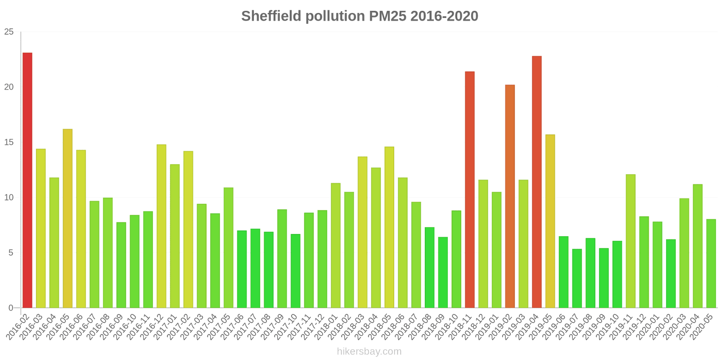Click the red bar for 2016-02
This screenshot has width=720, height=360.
(x=27, y=180)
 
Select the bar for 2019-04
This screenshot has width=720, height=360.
(x=537, y=182)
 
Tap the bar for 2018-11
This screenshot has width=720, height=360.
(x=470, y=189)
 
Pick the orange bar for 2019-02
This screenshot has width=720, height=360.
(x=510, y=196)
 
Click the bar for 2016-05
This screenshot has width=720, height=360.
(x=67, y=219)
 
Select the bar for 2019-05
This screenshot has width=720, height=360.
(x=550, y=221)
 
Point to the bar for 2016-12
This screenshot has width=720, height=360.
(x=162, y=226)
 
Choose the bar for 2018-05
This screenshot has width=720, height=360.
(x=389, y=227)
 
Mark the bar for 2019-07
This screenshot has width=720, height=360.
(x=577, y=279)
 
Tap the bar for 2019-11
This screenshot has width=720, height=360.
(x=630, y=241)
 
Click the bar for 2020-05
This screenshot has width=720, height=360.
(x=711, y=264)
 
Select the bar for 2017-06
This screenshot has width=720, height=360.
(x=242, y=270)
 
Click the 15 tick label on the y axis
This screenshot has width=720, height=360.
(x=9, y=142)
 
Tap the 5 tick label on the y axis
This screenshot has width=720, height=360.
(x=11, y=252)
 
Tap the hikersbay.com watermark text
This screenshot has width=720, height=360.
(x=369, y=351)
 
